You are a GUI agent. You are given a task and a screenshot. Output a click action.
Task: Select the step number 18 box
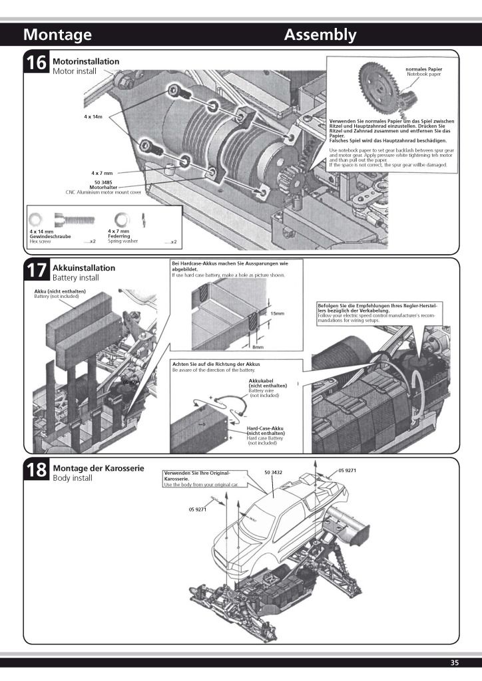click(x=36, y=471)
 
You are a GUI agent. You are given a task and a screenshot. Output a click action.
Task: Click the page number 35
click(x=455, y=662)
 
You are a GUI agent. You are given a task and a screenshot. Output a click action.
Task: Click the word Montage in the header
click(x=57, y=35)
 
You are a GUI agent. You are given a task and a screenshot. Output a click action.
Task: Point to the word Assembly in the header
click(x=320, y=35)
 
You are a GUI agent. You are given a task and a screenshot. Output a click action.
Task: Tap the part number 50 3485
click(x=104, y=182)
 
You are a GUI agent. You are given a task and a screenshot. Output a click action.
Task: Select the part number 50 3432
click(x=273, y=472)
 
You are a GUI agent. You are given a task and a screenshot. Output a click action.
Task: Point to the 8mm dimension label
click(x=258, y=346)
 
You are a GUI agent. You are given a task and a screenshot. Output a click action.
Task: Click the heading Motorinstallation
click(x=86, y=61)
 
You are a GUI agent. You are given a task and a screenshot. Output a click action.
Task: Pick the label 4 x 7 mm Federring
click(x=120, y=233)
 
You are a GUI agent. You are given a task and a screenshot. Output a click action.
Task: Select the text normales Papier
click(x=423, y=69)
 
